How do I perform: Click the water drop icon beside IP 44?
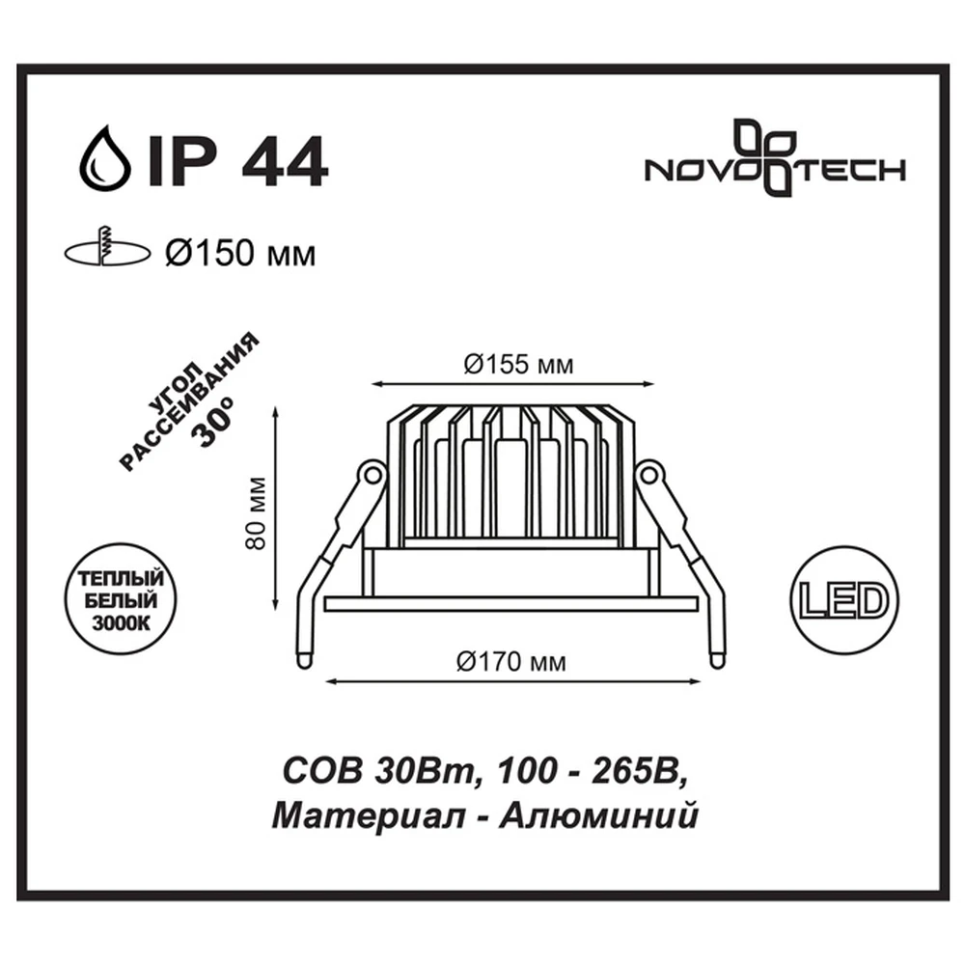[105, 159]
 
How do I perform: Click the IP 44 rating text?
[236, 161]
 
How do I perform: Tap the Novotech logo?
[775, 159]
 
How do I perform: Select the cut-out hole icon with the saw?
[107, 249]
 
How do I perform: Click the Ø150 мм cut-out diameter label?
[240, 253]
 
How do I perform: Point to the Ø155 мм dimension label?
[519, 365]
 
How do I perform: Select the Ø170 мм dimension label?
[511, 662]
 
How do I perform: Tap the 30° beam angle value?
[213, 424]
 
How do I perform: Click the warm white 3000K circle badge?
[121, 600]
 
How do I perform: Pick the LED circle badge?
[843, 600]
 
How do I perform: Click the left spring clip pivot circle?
[372, 475]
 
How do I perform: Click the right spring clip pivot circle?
[648, 475]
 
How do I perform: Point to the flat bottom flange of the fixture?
[510, 603]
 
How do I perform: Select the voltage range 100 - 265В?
[590, 771]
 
